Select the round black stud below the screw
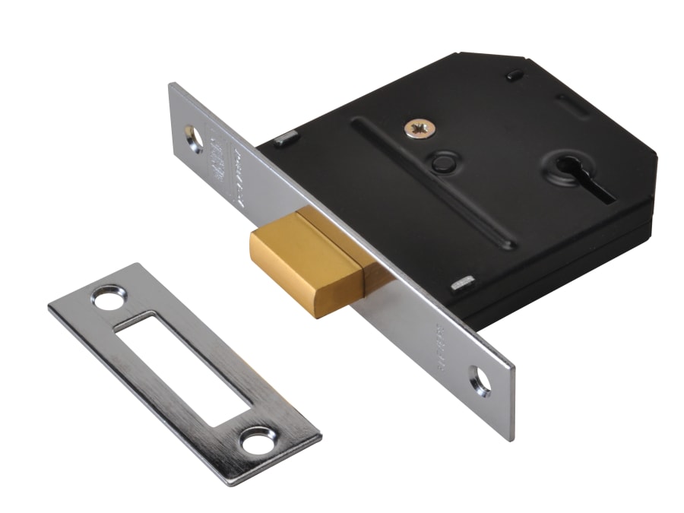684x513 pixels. click(x=442, y=162)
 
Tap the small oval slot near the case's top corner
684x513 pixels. click(x=515, y=75)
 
